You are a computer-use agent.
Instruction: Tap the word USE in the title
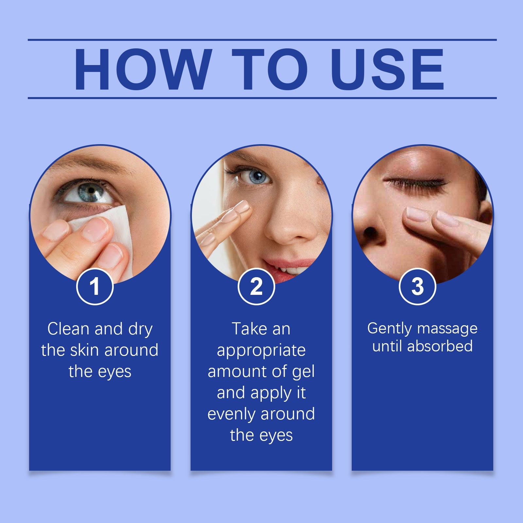(389, 69)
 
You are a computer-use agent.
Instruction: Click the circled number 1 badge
(95, 286)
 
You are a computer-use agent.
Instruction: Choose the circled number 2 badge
(256, 286)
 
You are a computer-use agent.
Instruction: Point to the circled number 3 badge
(417, 286)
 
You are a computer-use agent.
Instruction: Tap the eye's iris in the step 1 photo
(91, 193)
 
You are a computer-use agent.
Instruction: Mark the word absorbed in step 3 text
(440, 346)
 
